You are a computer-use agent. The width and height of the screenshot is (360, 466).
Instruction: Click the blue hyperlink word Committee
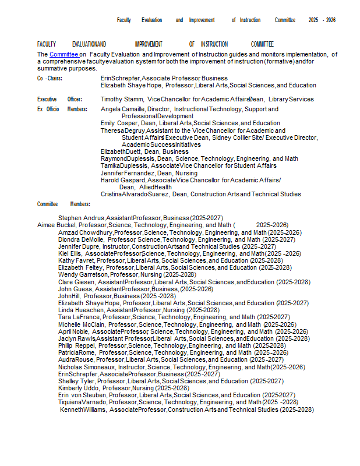(x=63, y=55)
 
